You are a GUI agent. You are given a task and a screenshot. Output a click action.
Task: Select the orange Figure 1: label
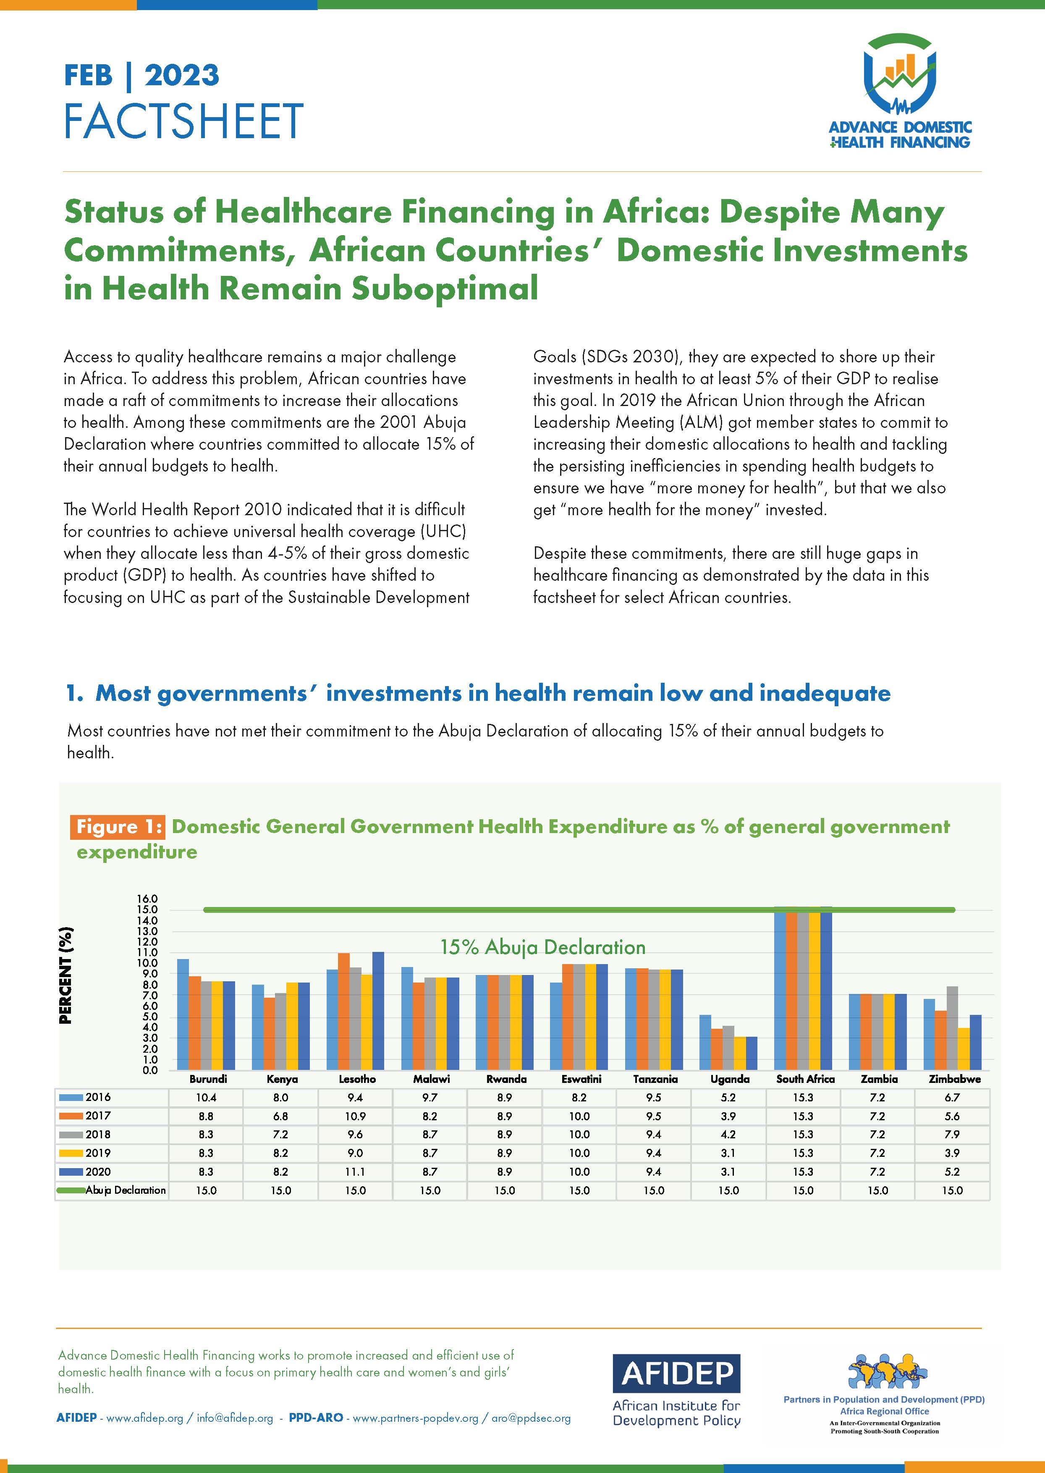click(x=120, y=826)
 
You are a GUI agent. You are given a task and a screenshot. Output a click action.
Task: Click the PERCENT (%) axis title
click(x=65, y=975)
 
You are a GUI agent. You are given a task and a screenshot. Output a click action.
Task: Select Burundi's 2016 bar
click(x=183, y=1014)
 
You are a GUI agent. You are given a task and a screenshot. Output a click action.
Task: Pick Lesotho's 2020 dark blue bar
click(x=378, y=1010)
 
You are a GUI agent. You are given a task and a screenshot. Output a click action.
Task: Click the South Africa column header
click(x=804, y=1079)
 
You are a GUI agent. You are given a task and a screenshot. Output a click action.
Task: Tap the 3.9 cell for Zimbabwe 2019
click(x=952, y=1153)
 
